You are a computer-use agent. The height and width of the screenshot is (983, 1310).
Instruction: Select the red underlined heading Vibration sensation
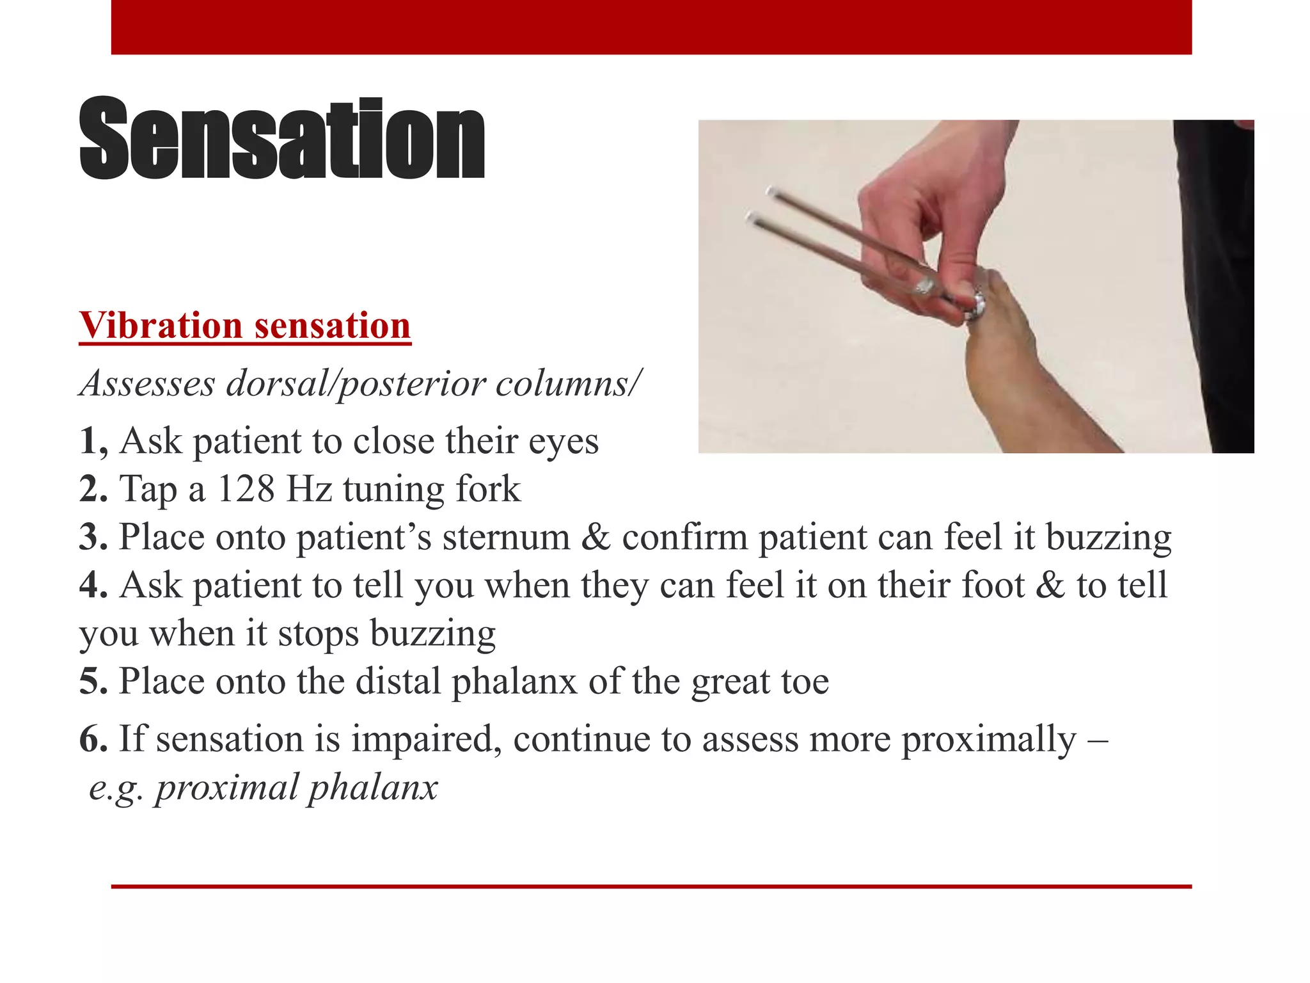click(x=245, y=326)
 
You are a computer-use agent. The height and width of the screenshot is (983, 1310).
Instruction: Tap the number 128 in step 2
click(x=246, y=490)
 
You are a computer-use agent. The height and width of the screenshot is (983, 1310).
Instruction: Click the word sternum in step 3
click(x=506, y=538)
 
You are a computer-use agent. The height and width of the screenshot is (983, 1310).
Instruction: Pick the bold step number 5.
click(x=93, y=681)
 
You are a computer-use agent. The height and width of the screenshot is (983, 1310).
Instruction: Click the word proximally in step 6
click(x=989, y=740)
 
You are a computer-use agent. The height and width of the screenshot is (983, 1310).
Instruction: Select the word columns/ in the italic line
click(x=568, y=384)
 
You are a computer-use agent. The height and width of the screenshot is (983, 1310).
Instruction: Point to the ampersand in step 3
click(x=596, y=538)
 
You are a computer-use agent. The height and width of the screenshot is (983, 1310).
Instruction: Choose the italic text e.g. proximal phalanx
click(x=263, y=788)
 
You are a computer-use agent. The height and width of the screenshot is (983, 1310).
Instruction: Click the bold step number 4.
click(x=93, y=586)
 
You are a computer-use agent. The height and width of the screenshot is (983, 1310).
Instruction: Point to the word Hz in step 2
click(x=309, y=490)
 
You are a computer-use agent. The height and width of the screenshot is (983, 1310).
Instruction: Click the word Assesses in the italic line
click(x=148, y=384)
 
